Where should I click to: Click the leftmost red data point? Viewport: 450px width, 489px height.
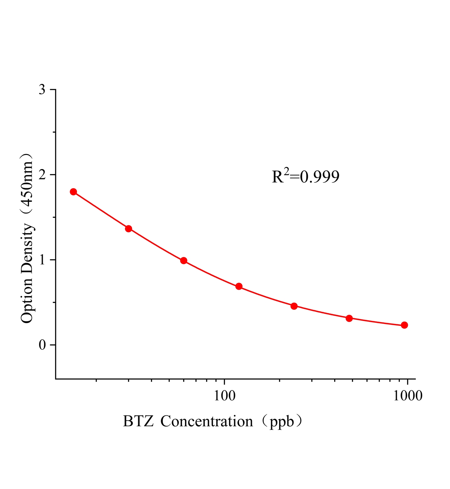click(x=73, y=192)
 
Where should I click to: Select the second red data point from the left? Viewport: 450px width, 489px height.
click(x=129, y=229)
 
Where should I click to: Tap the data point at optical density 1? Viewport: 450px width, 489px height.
click(x=184, y=261)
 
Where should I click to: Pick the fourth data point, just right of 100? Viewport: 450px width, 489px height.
click(x=239, y=286)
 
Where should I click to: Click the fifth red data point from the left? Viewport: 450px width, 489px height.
click(x=294, y=306)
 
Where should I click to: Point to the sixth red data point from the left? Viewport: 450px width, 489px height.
click(x=349, y=318)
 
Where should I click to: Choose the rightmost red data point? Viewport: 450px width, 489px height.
click(x=404, y=325)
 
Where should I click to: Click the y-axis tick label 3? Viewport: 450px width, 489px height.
click(x=42, y=90)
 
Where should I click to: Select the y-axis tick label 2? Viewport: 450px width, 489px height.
click(x=42, y=175)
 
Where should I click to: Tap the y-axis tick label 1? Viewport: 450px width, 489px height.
click(x=42, y=260)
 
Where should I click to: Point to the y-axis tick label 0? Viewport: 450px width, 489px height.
click(x=42, y=345)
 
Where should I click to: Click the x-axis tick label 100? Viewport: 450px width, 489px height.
click(x=225, y=396)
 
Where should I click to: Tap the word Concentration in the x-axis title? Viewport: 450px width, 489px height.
click(x=207, y=421)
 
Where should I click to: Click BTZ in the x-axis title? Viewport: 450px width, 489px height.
click(x=138, y=421)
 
